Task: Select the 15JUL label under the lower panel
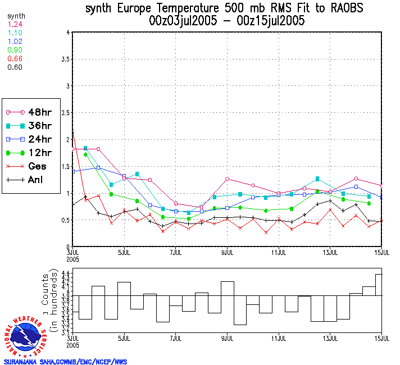click(x=381, y=339)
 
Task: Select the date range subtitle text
click(x=227, y=21)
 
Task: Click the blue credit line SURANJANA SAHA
click(x=65, y=362)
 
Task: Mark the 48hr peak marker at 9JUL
click(x=227, y=179)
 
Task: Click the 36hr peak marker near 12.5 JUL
click(x=317, y=179)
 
